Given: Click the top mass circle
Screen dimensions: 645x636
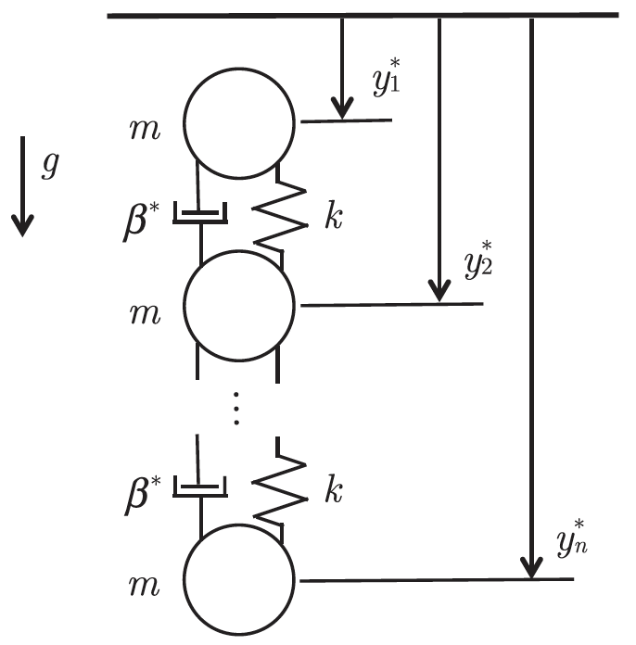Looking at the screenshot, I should [238, 120].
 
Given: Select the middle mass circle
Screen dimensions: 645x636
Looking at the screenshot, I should [238, 305].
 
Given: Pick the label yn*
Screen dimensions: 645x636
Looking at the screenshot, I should [571, 538].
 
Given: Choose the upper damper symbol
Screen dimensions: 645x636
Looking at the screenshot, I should [199, 216].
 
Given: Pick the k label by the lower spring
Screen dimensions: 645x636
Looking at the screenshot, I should [333, 490].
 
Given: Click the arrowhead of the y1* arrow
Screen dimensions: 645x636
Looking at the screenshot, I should [342, 108].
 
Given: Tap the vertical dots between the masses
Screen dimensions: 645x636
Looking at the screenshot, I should [237, 409].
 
